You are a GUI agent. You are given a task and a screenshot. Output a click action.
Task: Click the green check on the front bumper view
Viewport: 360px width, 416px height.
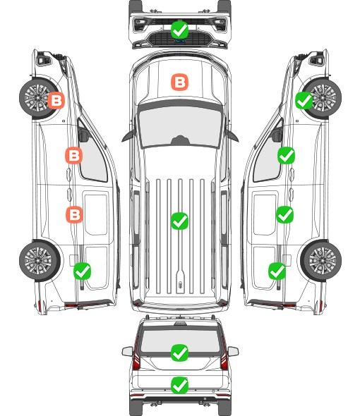pyautogui.click(x=179, y=30)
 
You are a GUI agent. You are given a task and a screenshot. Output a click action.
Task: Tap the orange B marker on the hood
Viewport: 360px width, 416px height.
pyautogui.click(x=179, y=82)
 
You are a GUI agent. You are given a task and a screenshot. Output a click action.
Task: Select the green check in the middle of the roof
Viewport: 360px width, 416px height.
pyautogui.click(x=179, y=221)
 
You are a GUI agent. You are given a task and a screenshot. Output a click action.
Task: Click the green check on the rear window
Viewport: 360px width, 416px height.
pyautogui.click(x=179, y=353)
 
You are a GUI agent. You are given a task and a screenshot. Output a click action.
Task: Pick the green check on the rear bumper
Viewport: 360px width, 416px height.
pyautogui.click(x=179, y=385)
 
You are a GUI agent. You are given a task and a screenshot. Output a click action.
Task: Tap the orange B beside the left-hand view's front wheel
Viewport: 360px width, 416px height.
pyautogui.click(x=56, y=100)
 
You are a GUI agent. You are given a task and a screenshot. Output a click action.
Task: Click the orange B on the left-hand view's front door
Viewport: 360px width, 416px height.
pyautogui.click(x=74, y=155)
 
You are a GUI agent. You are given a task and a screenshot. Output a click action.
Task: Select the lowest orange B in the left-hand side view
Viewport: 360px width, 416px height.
pyautogui.click(x=74, y=214)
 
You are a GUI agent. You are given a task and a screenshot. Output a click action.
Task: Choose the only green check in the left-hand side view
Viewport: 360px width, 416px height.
pyautogui.click(x=82, y=271)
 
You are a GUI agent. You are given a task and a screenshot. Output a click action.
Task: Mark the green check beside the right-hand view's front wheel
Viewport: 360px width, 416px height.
pyautogui.click(x=304, y=100)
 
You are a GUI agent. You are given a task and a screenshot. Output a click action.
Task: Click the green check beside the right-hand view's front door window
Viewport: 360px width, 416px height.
pyautogui.click(x=286, y=155)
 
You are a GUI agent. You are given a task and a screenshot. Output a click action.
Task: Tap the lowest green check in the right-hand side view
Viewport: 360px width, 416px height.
pyautogui.click(x=277, y=271)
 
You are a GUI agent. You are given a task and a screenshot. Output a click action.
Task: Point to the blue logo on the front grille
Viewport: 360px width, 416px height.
pyautogui.click(x=179, y=41)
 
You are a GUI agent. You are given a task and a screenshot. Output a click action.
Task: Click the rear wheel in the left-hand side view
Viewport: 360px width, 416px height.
pyautogui.click(x=40, y=260)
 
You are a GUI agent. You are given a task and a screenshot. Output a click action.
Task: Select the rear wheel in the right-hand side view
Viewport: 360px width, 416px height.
pyautogui.click(x=321, y=260)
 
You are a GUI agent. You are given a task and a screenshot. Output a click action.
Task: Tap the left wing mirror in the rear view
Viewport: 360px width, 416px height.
pyautogui.click(x=128, y=351)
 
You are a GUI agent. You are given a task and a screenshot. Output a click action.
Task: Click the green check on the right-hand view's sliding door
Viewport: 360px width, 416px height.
pyautogui.click(x=285, y=214)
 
